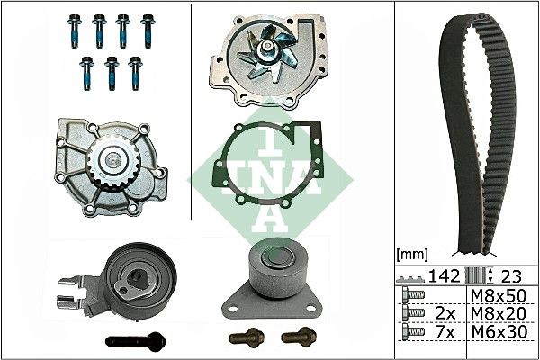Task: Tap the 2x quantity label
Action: (443, 312)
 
